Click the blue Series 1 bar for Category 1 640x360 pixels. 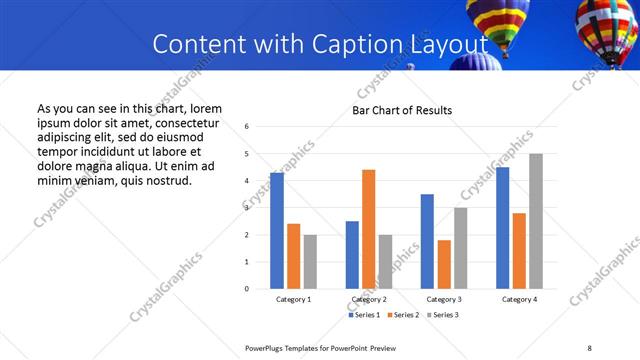click(277, 231)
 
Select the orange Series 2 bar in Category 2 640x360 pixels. click(368, 229)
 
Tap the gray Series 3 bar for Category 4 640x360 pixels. click(535, 221)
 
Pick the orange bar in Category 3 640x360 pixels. click(444, 264)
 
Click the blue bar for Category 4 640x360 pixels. click(502, 228)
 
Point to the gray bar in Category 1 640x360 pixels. click(310, 262)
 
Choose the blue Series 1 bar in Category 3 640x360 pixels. click(427, 241)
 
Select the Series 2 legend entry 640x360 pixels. click(404, 315)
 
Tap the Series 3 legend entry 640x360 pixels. click(442, 315)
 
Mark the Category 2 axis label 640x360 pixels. click(369, 299)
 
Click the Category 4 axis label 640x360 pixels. click(519, 299)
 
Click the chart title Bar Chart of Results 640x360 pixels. click(402, 110)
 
